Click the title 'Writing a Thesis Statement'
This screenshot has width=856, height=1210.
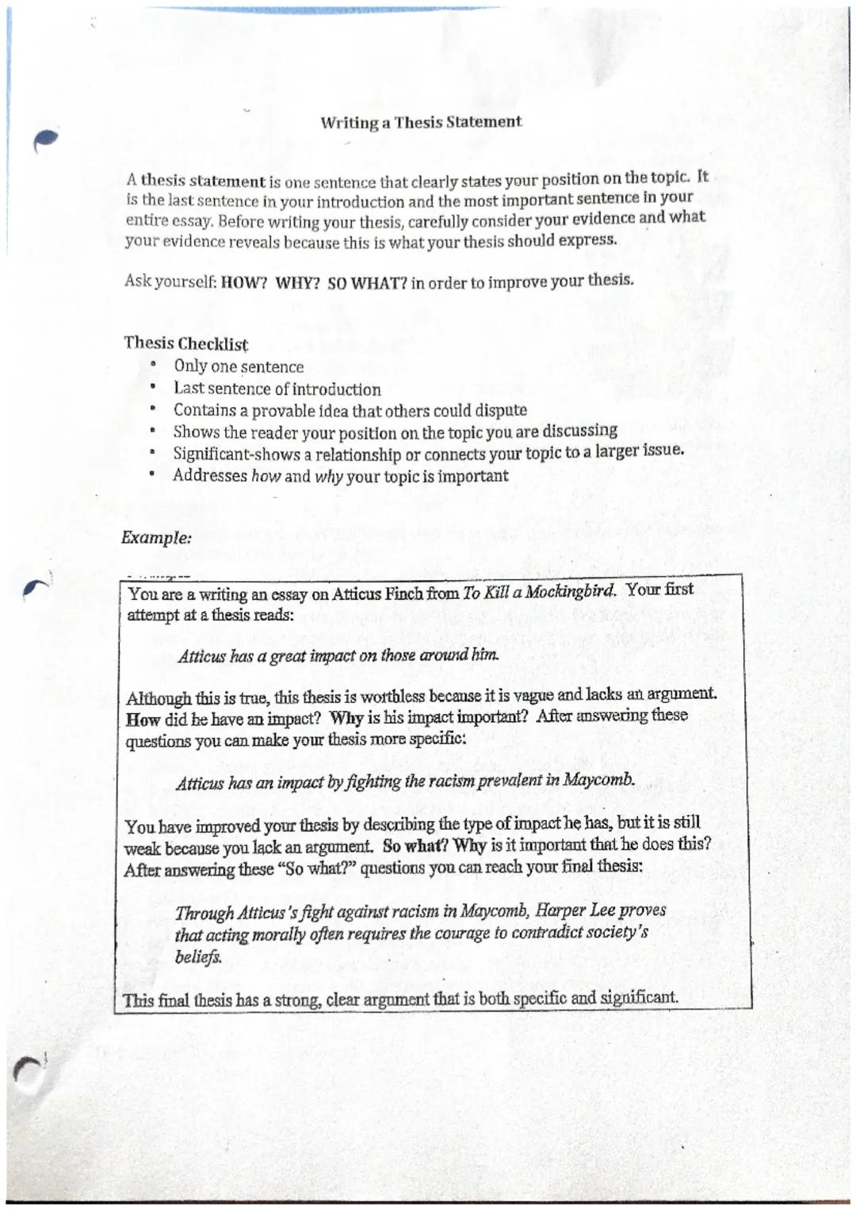(x=421, y=122)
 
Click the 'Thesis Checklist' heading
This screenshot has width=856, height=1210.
(x=185, y=344)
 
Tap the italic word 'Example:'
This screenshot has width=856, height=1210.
(x=156, y=537)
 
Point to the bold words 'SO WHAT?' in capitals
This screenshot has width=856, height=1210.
(x=368, y=283)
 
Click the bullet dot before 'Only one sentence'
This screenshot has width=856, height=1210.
(x=153, y=365)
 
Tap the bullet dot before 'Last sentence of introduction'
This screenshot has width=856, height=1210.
(x=153, y=387)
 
